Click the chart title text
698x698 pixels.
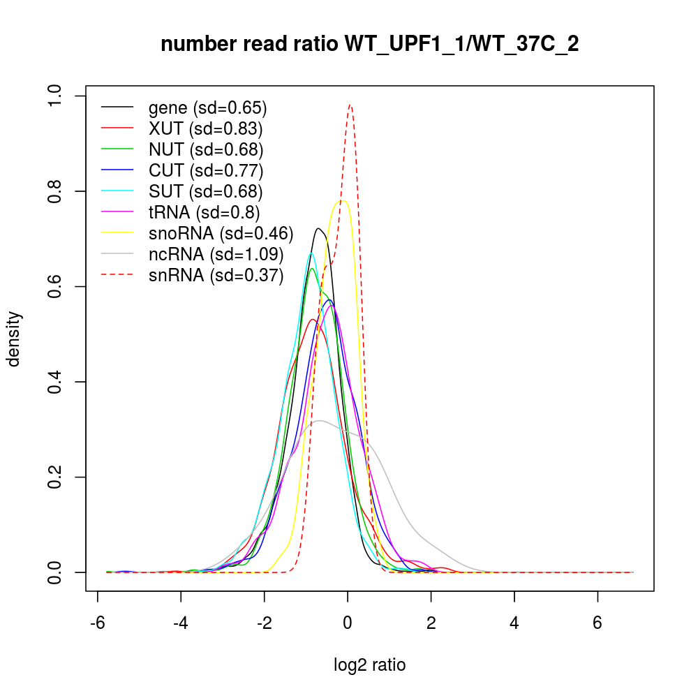click(x=369, y=44)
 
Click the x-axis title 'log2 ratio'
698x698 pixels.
click(x=370, y=664)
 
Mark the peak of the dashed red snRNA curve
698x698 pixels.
click(x=350, y=106)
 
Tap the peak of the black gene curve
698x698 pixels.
click(x=319, y=228)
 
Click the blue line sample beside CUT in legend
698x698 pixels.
click(x=117, y=170)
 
